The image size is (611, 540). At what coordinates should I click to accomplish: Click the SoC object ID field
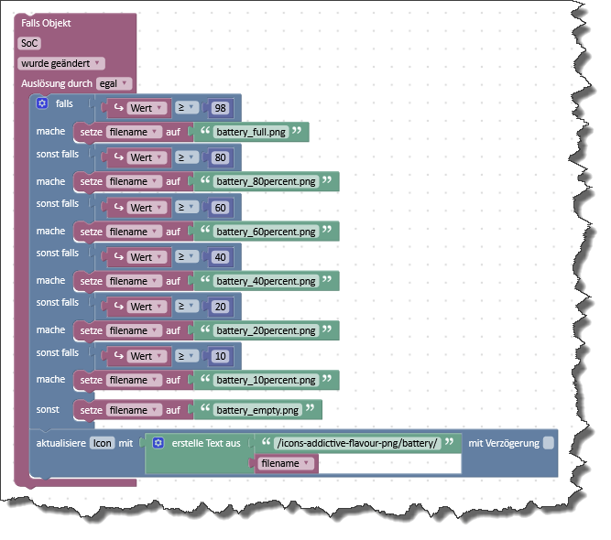click(x=29, y=43)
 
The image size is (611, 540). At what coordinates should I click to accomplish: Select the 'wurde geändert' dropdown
click(x=60, y=63)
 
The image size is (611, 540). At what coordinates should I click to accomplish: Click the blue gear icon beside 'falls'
click(x=42, y=104)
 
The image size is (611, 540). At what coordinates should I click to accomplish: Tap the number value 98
click(x=219, y=108)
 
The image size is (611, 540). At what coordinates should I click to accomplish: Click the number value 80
click(x=219, y=157)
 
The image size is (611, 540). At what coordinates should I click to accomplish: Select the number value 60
click(x=219, y=208)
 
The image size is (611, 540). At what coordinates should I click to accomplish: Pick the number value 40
click(x=219, y=257)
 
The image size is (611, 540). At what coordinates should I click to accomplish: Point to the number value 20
click(x=219, y=307)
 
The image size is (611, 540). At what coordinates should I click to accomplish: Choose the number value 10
click(x=219, y=356)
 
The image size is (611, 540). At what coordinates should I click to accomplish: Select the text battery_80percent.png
click(x=267, y=181)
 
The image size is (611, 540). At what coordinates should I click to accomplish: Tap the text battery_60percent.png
click(x=267, y=232)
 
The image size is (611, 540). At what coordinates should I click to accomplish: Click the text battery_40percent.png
click(x=267, y=281)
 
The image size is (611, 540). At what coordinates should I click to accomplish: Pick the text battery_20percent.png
click(x=267, y=330)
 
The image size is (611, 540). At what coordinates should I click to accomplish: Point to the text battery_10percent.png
click(x=267, y=380)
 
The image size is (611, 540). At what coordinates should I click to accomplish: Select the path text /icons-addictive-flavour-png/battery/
click(x=358, y=444)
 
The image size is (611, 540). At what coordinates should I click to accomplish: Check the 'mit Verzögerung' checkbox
click(x=548, y=444)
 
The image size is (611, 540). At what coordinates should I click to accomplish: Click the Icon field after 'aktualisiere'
click(x=102, y=444)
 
